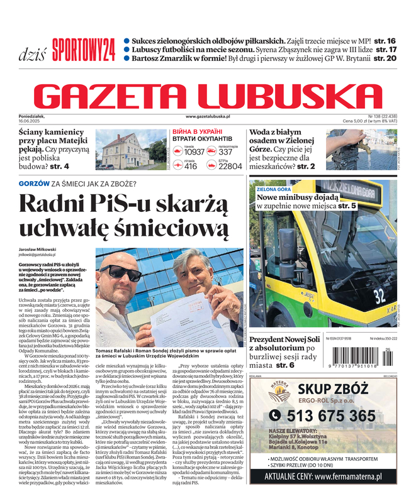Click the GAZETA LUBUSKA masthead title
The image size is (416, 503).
(208, 96)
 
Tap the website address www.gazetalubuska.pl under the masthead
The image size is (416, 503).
(208, 117)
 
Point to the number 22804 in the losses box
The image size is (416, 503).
(230, 167)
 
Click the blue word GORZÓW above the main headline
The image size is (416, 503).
(34, 184)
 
